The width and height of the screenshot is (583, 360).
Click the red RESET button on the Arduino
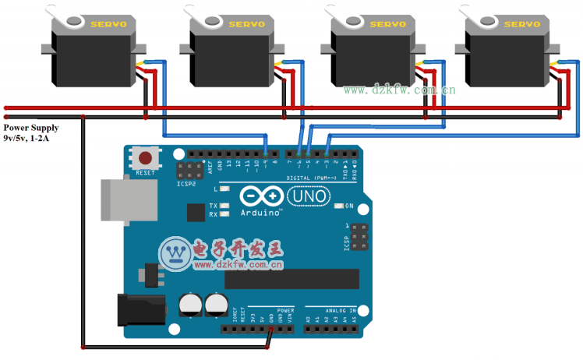[x=145, y=157]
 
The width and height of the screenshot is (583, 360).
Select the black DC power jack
[x=140, y=309]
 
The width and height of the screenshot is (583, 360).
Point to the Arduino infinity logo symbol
[x=258, y=196]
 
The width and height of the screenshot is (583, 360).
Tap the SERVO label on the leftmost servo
[x=108, y=24]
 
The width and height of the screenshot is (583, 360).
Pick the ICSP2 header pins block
[x=188, y=171]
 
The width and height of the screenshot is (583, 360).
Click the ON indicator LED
[x=339, y=206]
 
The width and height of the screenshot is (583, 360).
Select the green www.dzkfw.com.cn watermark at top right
[x=399, y=90]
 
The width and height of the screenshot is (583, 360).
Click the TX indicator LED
[x=225, y=206]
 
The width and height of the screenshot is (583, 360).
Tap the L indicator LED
[x=225, y=189]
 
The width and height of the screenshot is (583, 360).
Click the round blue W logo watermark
[x=176, y=254]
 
